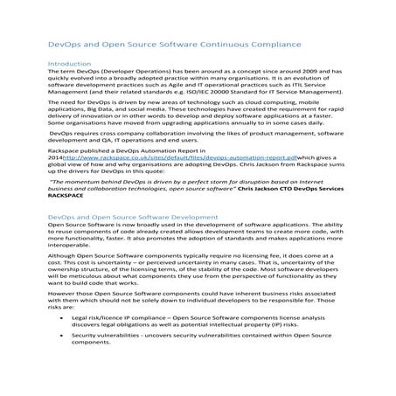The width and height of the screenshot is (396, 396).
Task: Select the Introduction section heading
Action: pyautogui.click(x=68, y=64)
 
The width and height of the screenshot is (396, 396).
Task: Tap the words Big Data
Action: pyautogui.click(x=107, y=115)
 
